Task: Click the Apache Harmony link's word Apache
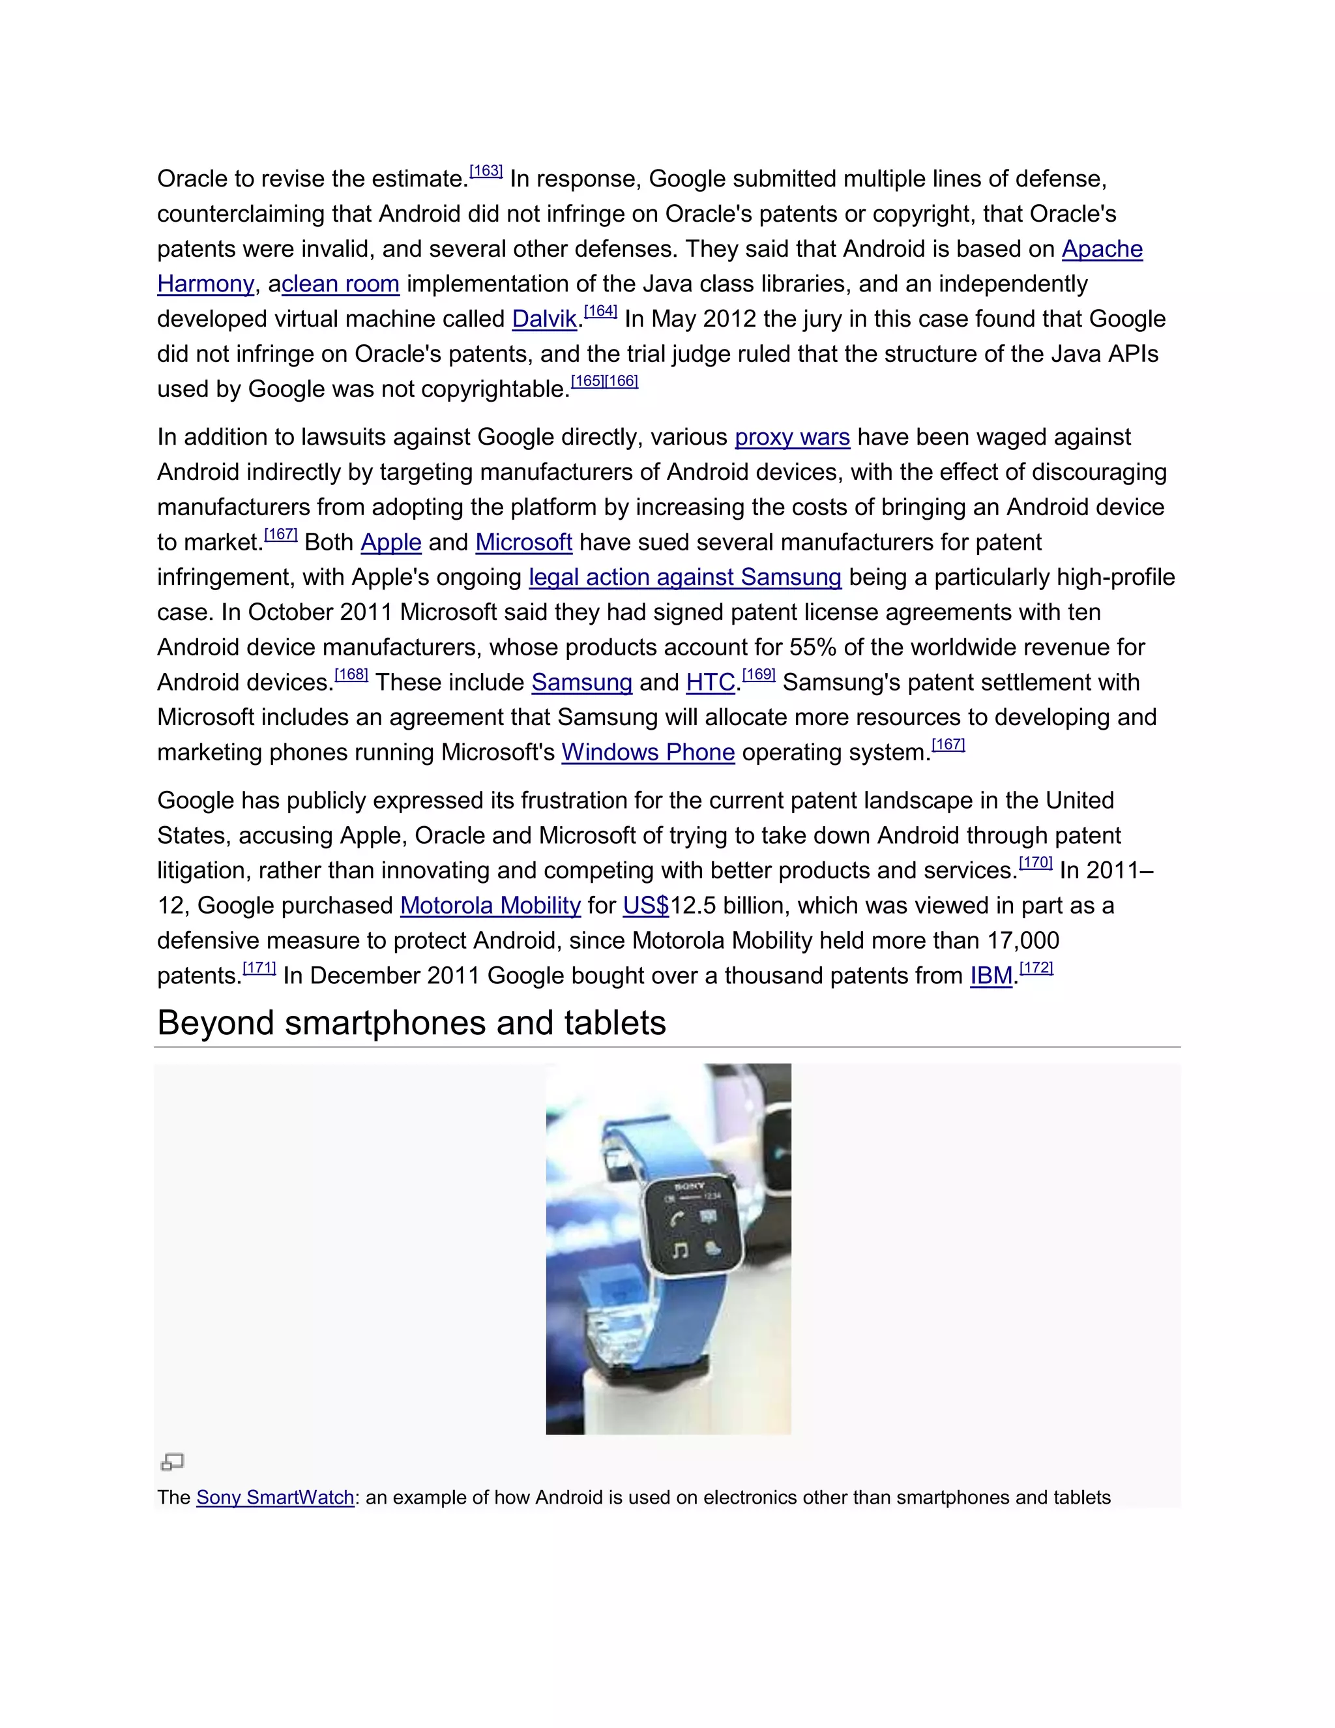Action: point(1102,249)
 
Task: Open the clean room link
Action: point(340,284)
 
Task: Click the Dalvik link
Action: point(544,319)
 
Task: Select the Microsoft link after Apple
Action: point(523,543)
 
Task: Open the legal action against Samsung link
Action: point(685,578)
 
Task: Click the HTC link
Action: point(711,683)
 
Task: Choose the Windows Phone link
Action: point(648,752)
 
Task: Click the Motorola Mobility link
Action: point(490,906)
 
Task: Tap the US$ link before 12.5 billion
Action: point(645,906)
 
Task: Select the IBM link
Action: point(991,976)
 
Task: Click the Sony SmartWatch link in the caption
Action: point(275,1498)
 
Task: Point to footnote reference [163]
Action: point(486,171)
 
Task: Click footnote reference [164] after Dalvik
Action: point(600,311)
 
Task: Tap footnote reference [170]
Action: point(1035,863)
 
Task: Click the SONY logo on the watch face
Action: point(689,1186)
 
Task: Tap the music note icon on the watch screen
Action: point(679,1250)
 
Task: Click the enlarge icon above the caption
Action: point(172,1461)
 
